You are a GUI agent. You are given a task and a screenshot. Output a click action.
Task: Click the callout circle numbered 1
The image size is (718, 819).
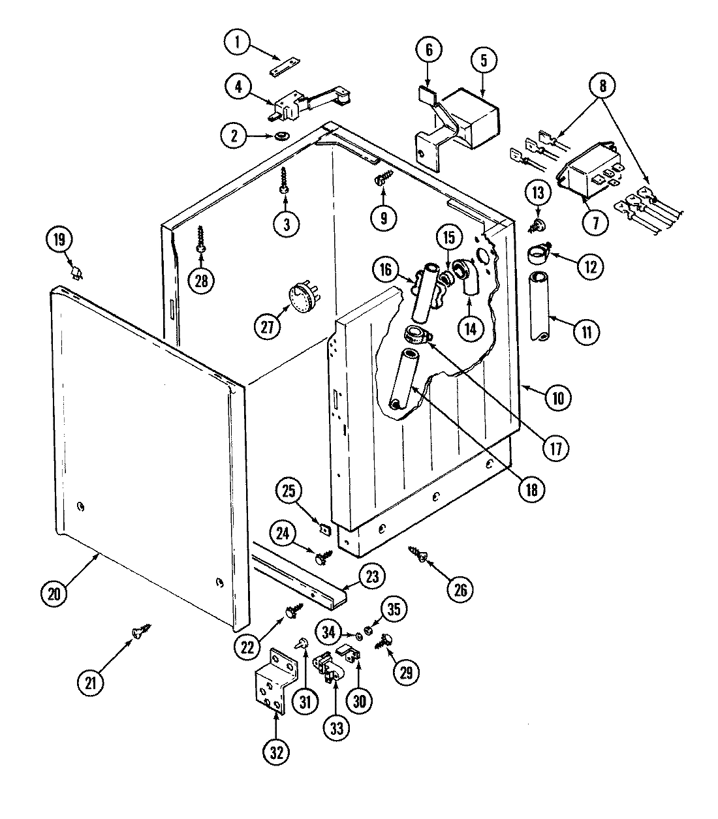tap(238, 44)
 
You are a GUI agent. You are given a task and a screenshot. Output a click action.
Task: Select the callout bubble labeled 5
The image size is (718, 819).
tap(484, 61)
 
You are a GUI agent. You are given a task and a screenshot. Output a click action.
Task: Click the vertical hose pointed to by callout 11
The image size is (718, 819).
tap(539, 306)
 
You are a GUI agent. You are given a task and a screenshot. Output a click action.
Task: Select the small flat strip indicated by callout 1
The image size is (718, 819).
tap(285, 65)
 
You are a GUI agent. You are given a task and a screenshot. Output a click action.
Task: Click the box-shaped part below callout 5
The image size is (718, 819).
tap(473, 117)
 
